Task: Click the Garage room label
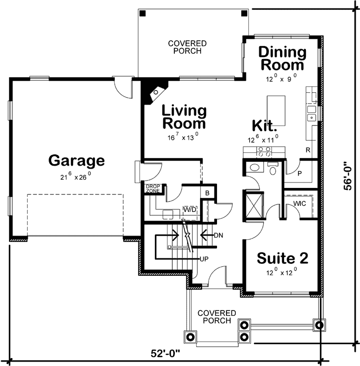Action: tap(76, 161)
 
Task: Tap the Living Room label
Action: tap(184, 117)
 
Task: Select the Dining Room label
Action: tap(282, 58)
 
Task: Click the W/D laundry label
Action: tap(189, 210)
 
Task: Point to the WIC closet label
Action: tap(299, 203)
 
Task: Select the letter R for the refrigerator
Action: tap(308, 149)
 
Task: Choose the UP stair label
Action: tap(204, 258)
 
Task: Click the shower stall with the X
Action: tap(253, 204)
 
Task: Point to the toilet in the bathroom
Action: tap(272, 168)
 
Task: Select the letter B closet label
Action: tap(207, 193)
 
